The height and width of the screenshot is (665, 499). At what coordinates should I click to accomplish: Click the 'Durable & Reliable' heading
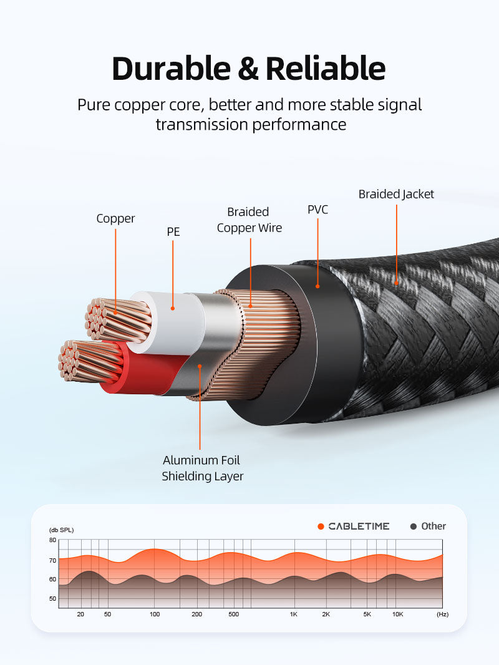click(248, 69)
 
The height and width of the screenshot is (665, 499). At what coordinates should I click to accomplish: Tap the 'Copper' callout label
click(115, 218)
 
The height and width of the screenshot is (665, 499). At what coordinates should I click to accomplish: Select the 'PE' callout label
click(173, 232)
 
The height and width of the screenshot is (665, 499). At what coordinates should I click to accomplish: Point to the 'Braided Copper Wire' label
click(249, 220)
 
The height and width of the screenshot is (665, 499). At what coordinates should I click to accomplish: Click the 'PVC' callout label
click(317, 210)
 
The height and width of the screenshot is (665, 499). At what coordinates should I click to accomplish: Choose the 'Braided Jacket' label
click(396, 194)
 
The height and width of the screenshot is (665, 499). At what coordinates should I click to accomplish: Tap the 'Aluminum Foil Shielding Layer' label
click(202, 468)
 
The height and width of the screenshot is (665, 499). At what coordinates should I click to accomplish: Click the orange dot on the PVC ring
click(317, 286)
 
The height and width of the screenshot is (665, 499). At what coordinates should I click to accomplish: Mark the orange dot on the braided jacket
click(396, 283)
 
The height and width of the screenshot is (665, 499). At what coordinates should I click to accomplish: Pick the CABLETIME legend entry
click(354, 527)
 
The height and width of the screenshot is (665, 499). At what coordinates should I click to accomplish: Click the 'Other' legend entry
click(428, 527)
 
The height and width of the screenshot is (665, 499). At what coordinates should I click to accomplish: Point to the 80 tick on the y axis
click(52, 540)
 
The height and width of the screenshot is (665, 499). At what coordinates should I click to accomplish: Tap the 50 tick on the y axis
click(52, 599)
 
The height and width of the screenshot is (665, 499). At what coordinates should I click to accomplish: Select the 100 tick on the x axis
click(155, 614)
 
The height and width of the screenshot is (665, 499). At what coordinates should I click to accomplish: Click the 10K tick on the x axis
click(397, 614)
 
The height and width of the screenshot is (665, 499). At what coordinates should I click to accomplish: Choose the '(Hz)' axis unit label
click(442, 614)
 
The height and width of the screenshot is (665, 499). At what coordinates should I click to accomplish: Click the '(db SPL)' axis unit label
click(61, 530)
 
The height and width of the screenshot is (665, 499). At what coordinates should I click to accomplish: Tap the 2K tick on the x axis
click(326, 614)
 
